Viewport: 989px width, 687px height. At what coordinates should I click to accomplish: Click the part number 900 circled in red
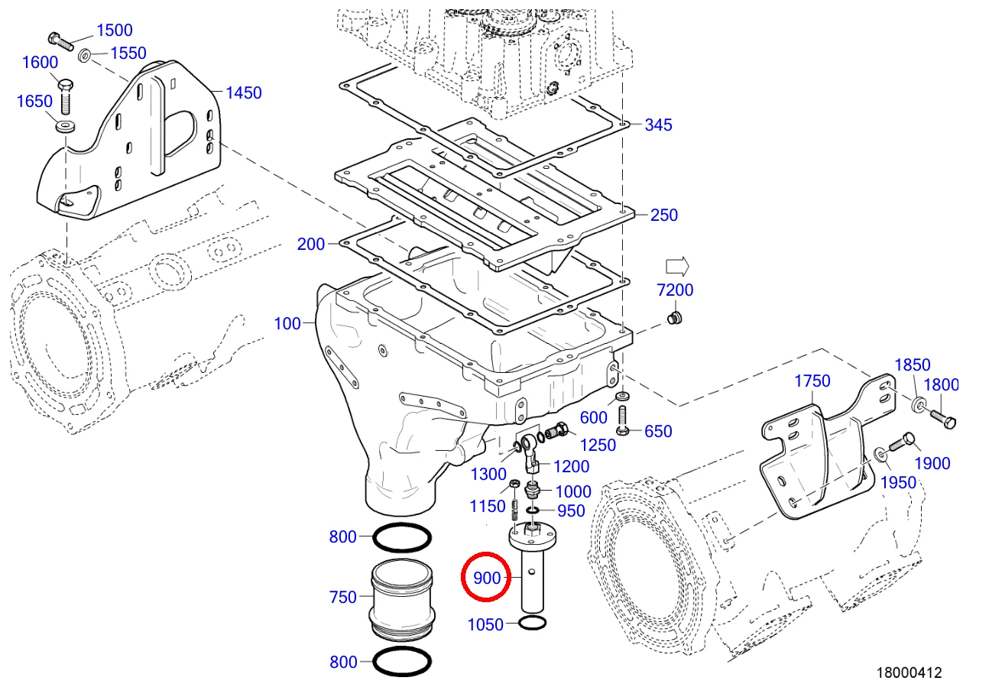click(486, 578)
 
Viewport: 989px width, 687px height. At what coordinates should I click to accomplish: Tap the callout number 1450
click(243, 93)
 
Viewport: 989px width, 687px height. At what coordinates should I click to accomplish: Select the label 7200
click(675, 290)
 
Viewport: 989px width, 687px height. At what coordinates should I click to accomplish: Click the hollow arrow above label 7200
click(677, 266)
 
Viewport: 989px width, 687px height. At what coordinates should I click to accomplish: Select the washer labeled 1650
click(65, 125)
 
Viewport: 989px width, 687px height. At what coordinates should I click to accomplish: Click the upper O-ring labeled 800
click(400, 537)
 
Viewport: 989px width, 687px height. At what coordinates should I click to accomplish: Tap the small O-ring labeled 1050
click(532, 624)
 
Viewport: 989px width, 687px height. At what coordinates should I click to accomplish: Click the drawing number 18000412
click(909, 672)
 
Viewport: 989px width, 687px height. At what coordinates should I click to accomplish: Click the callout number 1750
click(812, 381)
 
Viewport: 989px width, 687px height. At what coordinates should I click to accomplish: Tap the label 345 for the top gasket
click(658, 125)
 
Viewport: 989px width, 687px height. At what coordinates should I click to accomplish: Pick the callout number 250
click(663, 215)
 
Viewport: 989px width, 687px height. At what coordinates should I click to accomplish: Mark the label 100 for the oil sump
click(287, 324)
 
